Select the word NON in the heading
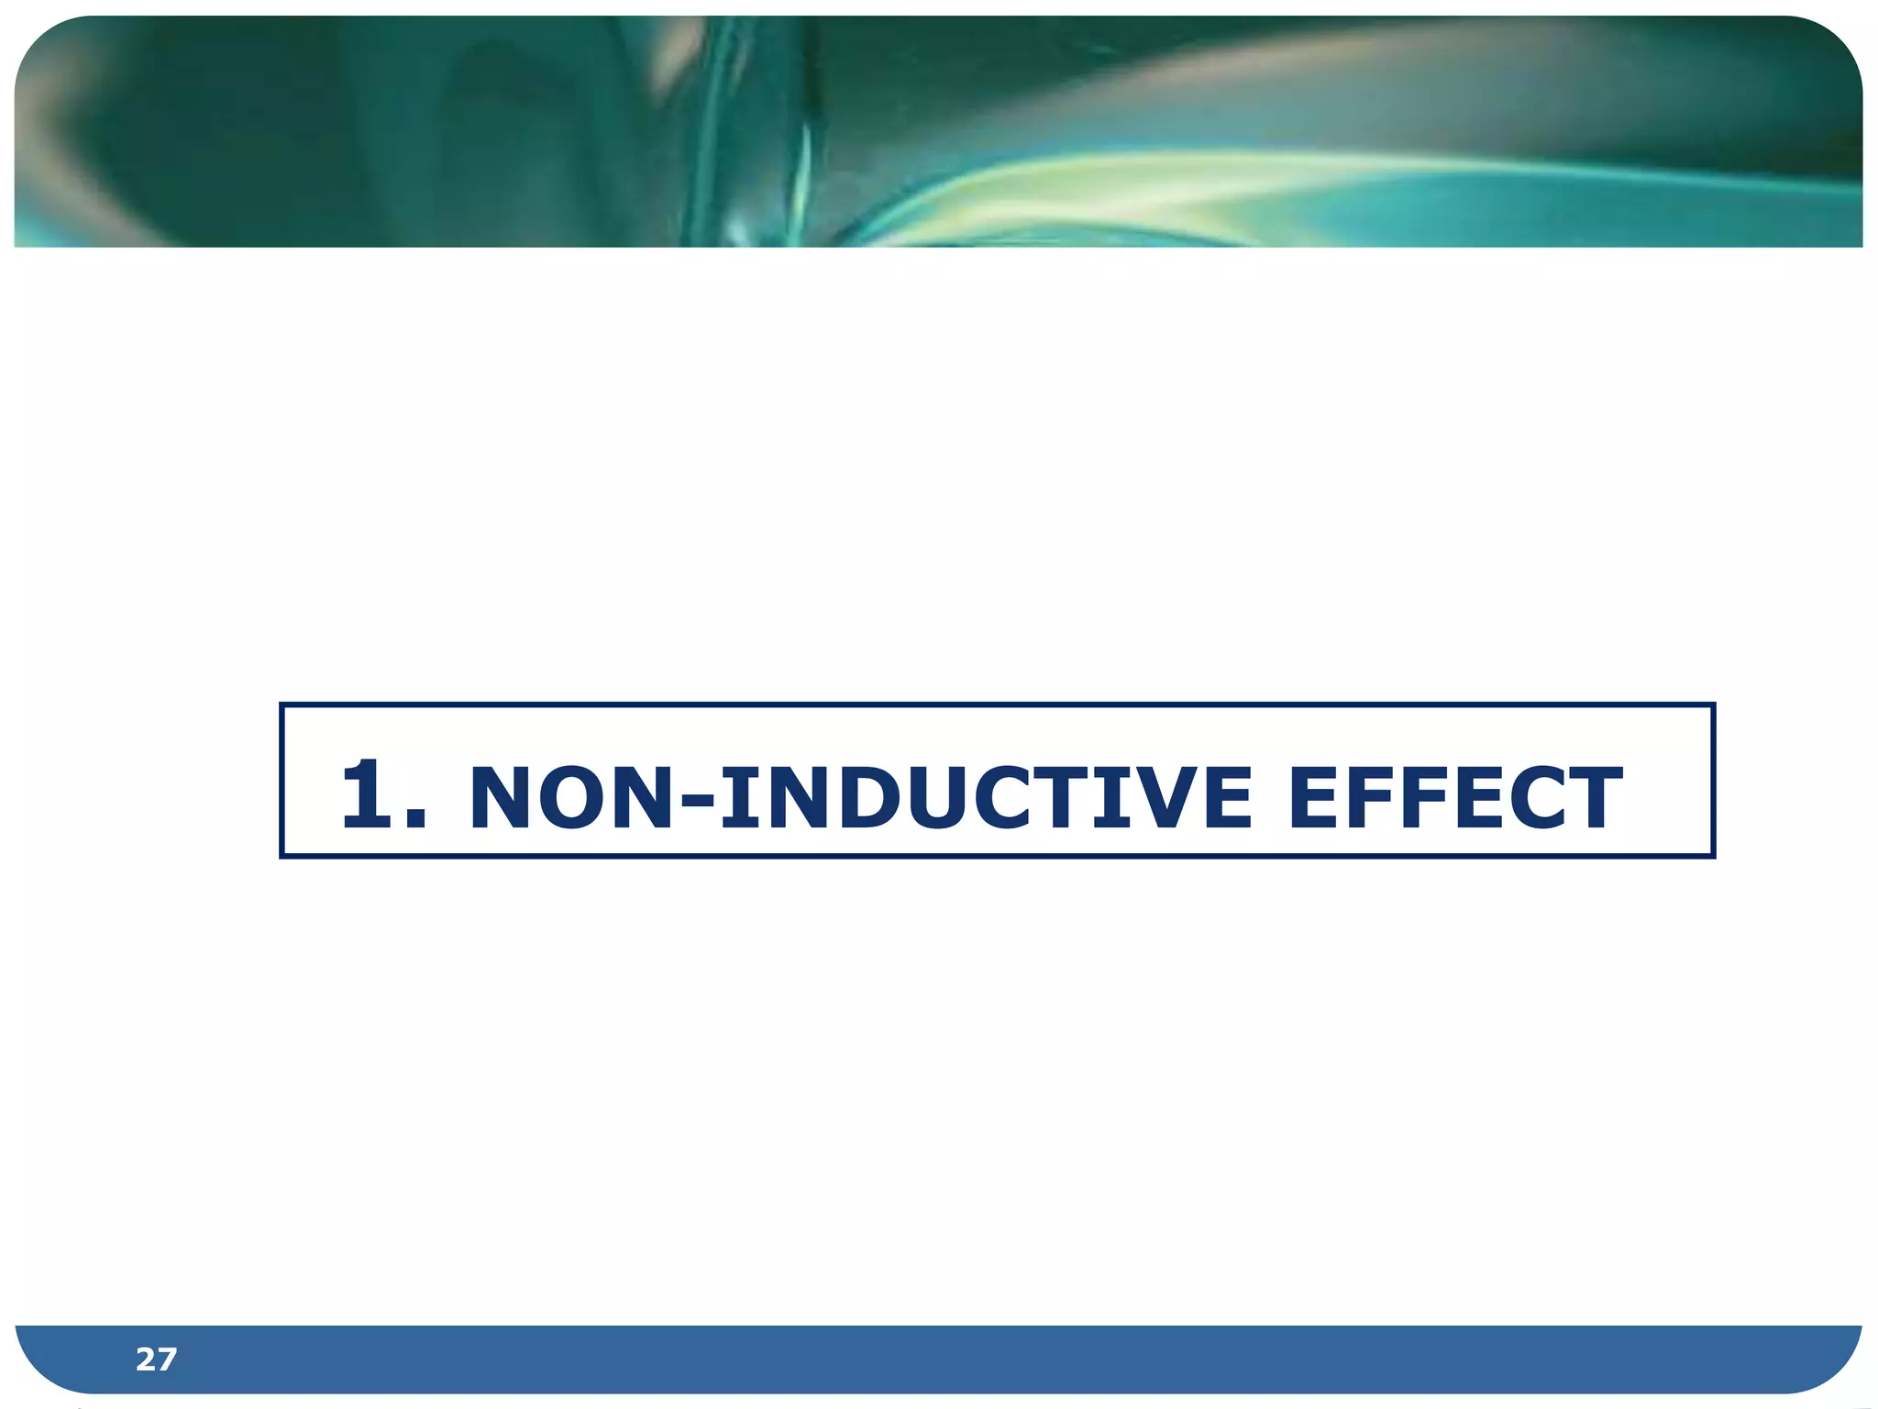pos(574,796)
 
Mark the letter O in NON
pos(573,796)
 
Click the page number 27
pos(156,1359)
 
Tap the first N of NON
pos(502,796)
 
